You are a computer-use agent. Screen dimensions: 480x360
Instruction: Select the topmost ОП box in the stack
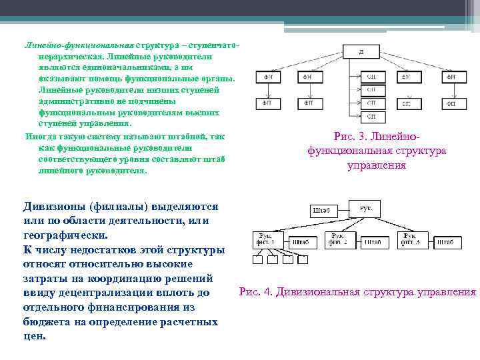click(371, 77)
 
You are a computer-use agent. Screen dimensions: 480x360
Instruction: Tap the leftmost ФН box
click(267, 77)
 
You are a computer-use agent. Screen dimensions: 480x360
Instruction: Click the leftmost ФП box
click(267, 103)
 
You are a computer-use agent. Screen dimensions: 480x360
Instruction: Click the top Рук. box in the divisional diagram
click(365, 209)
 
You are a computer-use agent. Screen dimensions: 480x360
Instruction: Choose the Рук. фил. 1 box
click(265, 239)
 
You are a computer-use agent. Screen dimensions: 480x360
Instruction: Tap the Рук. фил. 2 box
click(339, 239)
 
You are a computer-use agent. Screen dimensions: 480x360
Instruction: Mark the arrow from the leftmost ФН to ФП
click(267, 91)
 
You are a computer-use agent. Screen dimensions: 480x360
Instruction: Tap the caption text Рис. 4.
click(256, 292)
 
